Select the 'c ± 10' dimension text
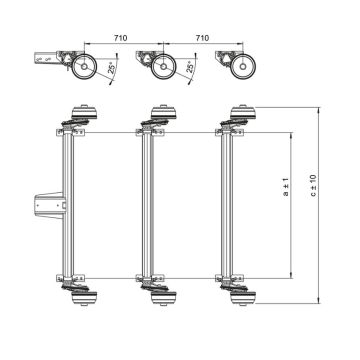313,190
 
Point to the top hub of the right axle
241,113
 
